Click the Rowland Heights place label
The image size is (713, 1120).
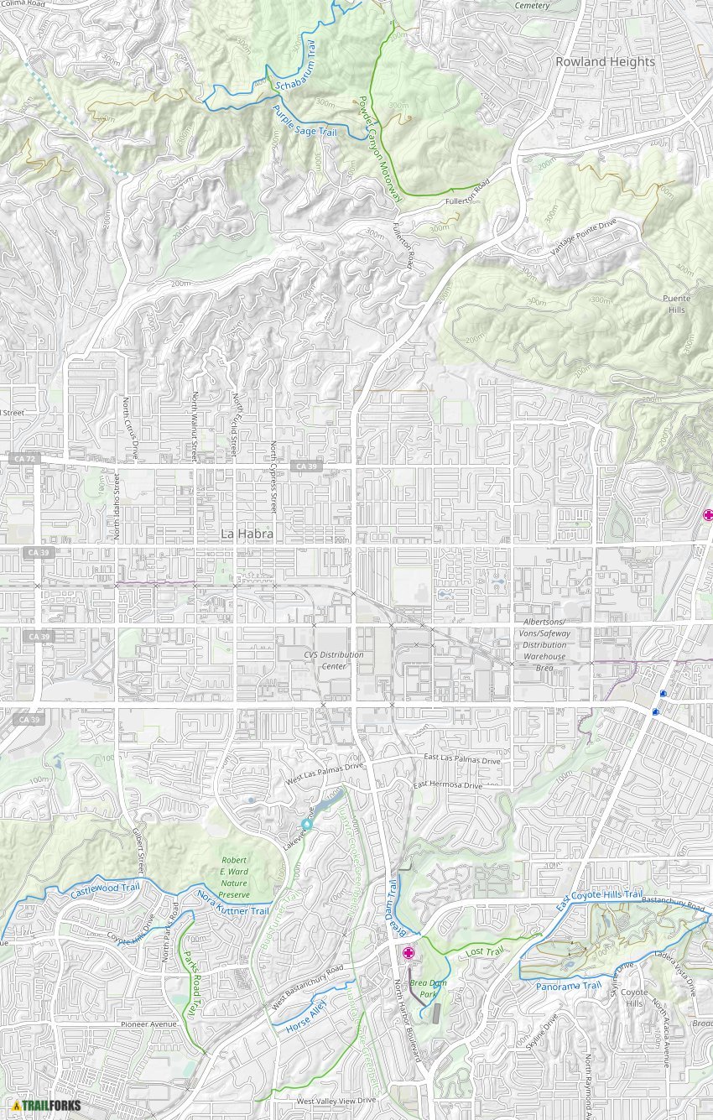click(x=605, y=62)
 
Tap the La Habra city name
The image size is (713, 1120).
click(x=247, y=533)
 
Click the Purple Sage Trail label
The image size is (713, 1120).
click(x=304, y=121)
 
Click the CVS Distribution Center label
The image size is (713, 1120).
click(x=334, y=660)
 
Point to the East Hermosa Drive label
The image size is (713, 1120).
click(x=447, y=785)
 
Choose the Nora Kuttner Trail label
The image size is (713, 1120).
click(x=233, y=904)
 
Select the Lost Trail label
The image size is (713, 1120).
click(x=485, y=952)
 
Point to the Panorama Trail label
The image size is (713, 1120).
click(x=569, y=986)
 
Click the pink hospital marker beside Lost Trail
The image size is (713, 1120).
click(x=409, y=953)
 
